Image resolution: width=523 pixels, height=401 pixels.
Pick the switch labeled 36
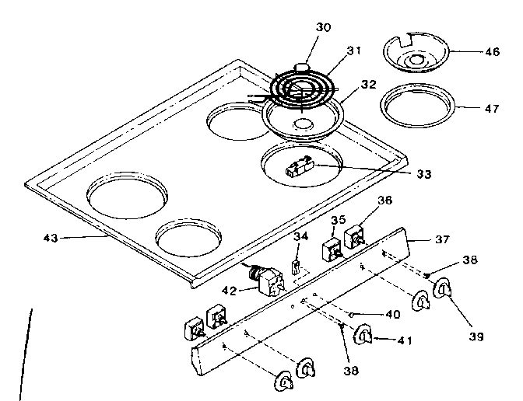tap(356, 235)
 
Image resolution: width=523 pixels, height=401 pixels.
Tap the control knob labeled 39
tap(441, 290)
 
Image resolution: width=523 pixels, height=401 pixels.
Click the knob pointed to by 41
tap(363, 335)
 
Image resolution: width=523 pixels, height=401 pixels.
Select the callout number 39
tap(476, 336)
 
